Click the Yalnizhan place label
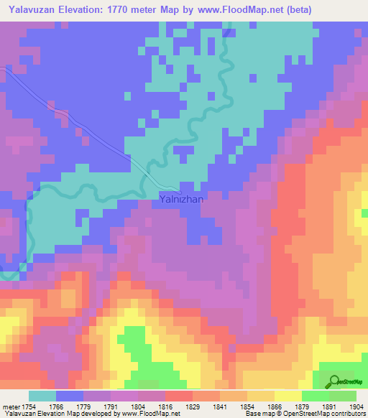pos(181,200)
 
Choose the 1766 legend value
pos(68,406)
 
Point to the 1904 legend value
pos(355,406)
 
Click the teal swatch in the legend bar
pos(42,396)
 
